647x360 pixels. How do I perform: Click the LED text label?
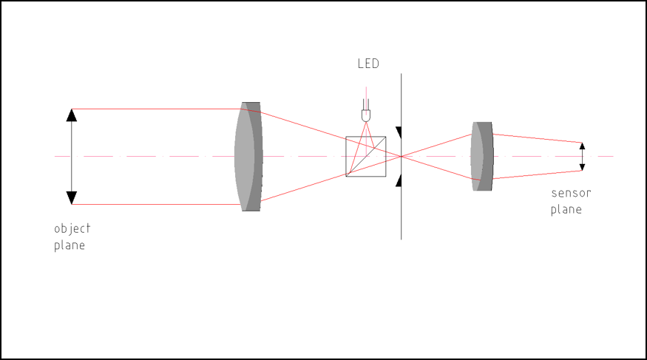pos(368,64)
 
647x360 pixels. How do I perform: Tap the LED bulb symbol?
pos(366,116)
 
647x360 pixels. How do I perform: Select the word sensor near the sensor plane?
pos(571,193)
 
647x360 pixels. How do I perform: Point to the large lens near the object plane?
pos(248,157)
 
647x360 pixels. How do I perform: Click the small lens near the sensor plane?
pos(482,156)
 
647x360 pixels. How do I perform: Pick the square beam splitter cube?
pos(366,157)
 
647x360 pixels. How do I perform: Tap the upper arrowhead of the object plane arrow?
pos(72,115)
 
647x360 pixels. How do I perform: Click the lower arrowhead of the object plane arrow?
pos(72,198)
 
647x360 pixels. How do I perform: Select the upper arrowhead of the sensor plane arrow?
pos(582,146)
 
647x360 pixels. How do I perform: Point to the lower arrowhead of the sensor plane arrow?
pos(582,167)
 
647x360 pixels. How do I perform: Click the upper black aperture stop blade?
pos(399,133)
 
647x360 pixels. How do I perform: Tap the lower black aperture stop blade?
pos(399,180)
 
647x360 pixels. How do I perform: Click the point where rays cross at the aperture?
pos(401,157)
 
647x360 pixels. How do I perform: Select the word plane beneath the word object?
pos(70,245)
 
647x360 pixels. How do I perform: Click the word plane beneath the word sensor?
pos(566,209)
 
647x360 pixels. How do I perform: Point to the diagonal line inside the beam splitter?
pos(366,157)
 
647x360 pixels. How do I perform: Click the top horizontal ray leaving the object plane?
pos(157,109)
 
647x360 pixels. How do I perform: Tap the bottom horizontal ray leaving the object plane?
pos(157,204)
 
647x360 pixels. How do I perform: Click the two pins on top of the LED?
pos(366,104)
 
